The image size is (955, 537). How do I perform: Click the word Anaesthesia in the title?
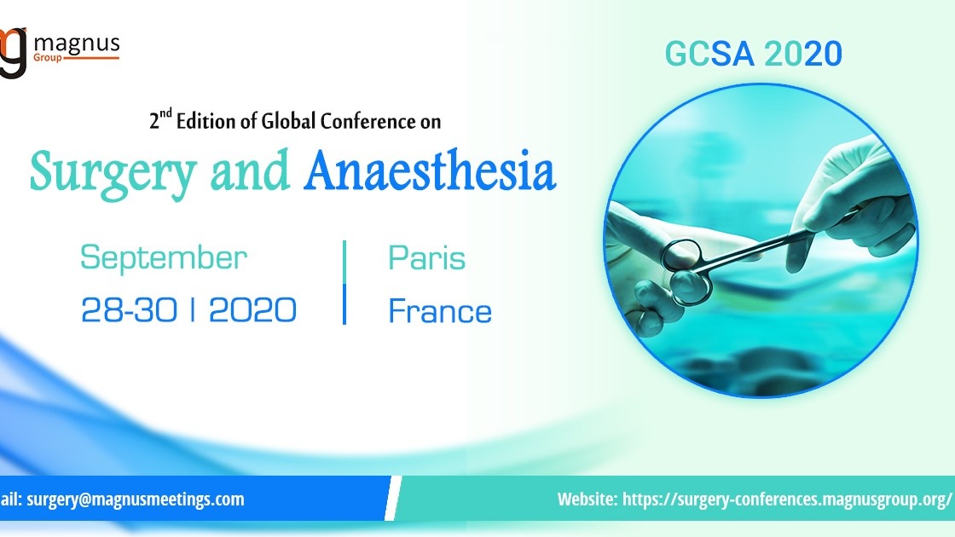point(430,172)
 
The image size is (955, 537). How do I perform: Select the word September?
point(164,257)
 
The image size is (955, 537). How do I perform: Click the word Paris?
point(426,257)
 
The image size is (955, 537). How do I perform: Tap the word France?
point(440,311)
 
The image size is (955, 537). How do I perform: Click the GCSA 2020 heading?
point(753,55)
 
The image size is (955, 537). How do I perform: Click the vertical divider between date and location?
point(344,282)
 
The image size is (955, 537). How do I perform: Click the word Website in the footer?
point(586,499)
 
